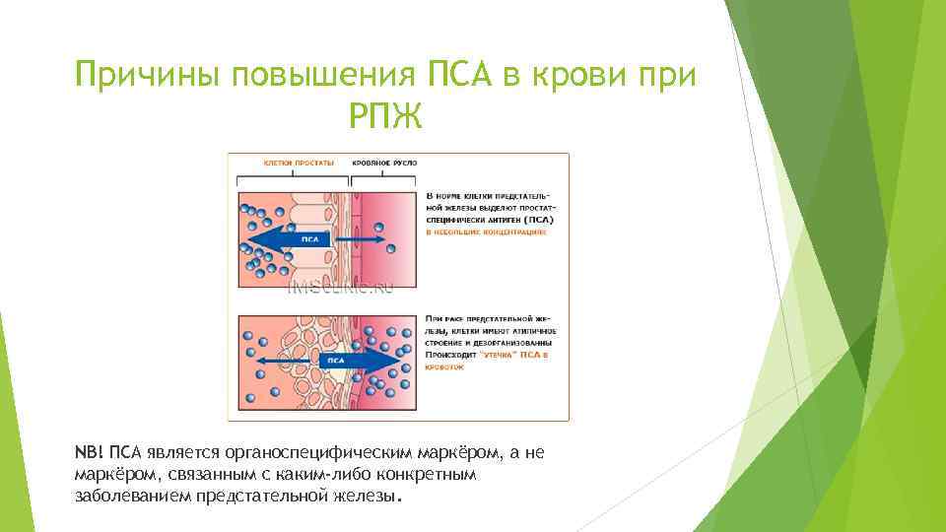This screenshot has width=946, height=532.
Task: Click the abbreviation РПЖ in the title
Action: [385, 118]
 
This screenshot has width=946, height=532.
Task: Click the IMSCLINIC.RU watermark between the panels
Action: [340, 288]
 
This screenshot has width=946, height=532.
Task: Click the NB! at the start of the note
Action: [89, 452]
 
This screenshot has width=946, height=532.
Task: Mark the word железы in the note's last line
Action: [361, 495]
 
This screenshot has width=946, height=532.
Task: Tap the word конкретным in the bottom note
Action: [436, 474]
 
